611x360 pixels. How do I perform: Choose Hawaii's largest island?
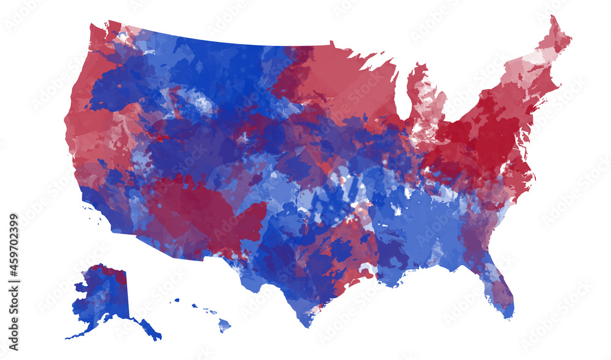pos(225,326)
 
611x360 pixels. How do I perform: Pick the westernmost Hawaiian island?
pos(176,300)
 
